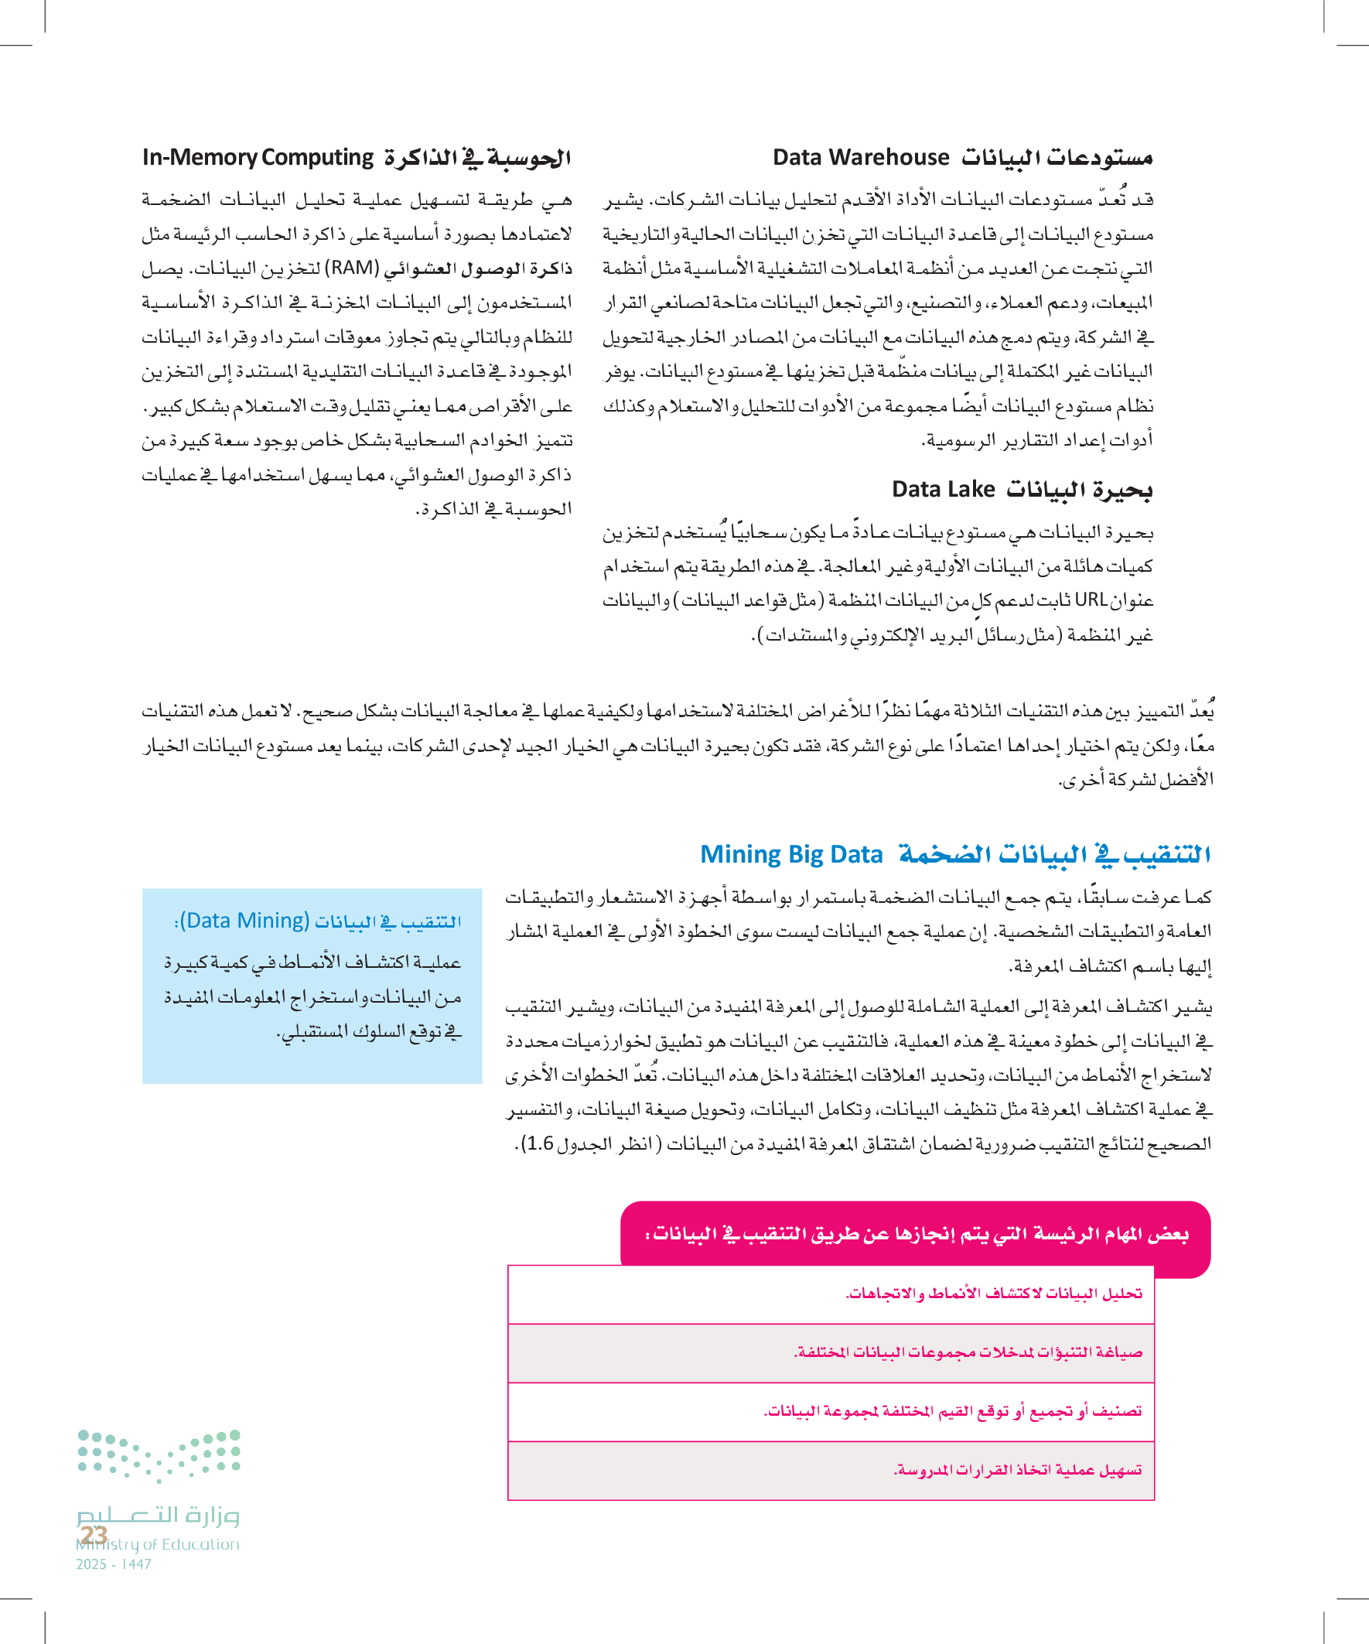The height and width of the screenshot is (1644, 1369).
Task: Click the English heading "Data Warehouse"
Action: [860, 157]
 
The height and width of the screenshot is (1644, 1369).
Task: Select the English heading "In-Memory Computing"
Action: [258, 157]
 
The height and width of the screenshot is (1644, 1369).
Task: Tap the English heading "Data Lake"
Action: [942, 489]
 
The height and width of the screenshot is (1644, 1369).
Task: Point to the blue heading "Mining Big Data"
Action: [790, 854]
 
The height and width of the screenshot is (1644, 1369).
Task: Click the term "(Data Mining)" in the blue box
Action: [245, 921]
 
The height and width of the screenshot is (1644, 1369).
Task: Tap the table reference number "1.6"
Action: [538, 1143]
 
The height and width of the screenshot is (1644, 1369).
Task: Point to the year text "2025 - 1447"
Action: [114, 1564]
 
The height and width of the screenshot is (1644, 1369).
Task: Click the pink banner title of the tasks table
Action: [916, 1235]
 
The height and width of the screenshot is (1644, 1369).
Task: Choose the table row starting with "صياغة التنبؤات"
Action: [968, 1352]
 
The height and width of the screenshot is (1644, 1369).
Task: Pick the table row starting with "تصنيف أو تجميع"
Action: [952, 1410]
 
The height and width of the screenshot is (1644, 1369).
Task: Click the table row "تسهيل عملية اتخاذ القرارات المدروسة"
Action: [1017, 1470]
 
